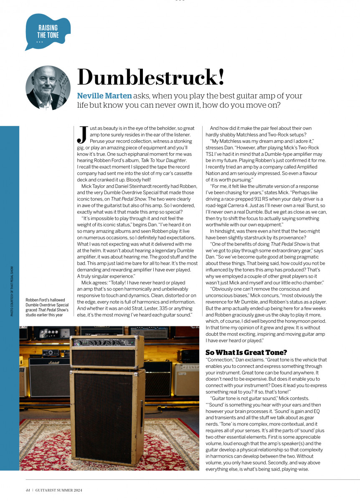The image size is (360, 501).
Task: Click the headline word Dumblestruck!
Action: click(151, 77)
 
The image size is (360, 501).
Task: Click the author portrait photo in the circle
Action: click(48, 88)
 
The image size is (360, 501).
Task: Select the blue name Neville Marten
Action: click(104, 96)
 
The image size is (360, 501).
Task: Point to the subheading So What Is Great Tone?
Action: click(246, 352)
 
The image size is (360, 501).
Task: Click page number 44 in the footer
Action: click(28, 490)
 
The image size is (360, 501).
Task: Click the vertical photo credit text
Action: click(12, 291)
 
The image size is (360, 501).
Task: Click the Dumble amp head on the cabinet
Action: click(108, 351)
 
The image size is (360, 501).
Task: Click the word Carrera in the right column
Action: click(239, 206)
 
